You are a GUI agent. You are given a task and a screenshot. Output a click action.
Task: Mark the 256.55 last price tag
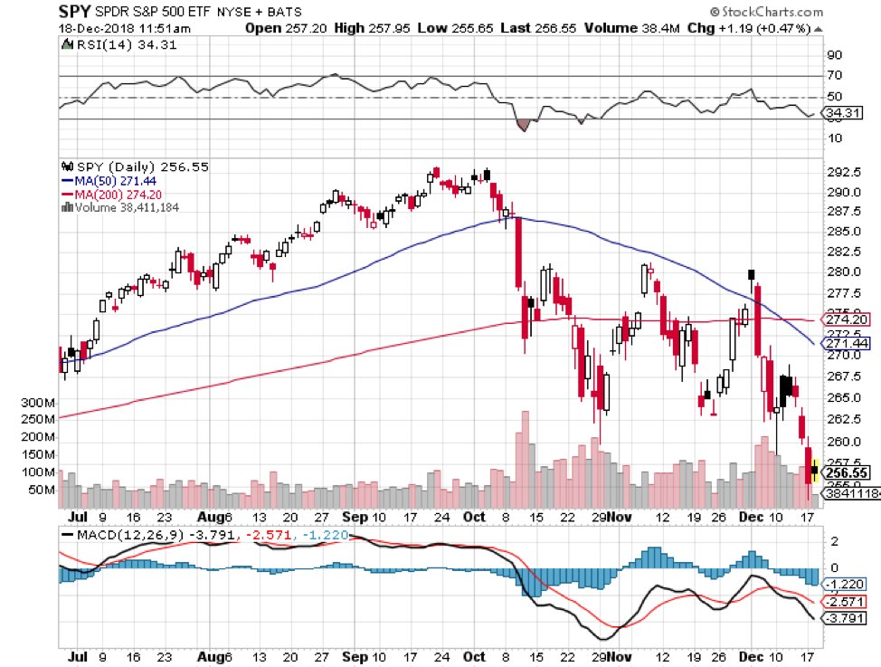coord(848,472)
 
